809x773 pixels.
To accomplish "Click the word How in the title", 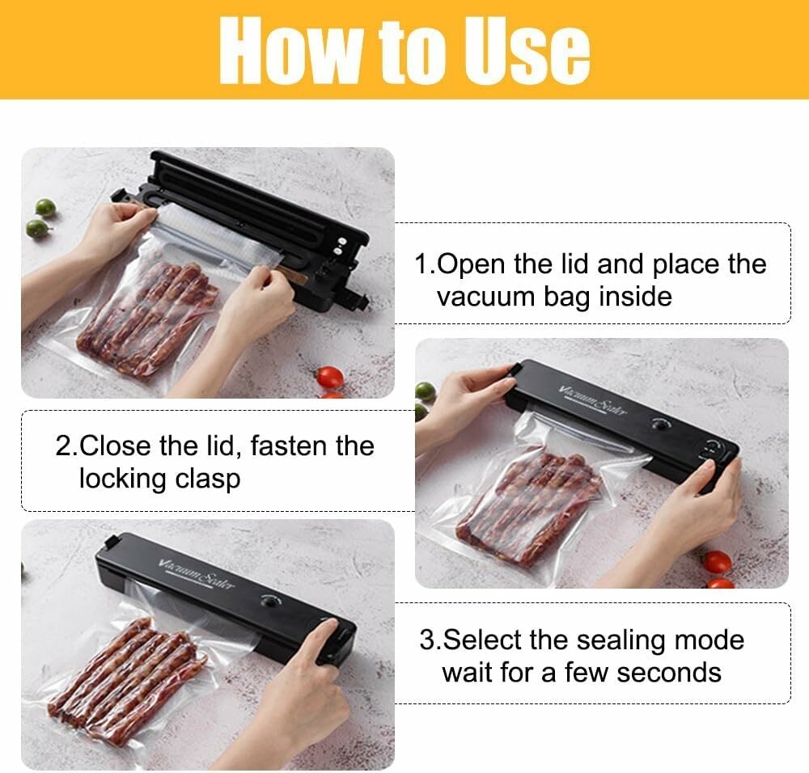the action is pyautogui.click(x=290, y=50).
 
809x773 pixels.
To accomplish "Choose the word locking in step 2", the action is pyautogui.click(x=123, y=479).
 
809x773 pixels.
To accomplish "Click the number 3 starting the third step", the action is pyautogui.click(x=427, y=640).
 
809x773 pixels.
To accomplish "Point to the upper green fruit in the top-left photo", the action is pyautogui.click(x=45, y=207).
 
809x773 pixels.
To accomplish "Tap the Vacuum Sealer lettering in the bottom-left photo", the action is pyautogui.click(x=196, y=573).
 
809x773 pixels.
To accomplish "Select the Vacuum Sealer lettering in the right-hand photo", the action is pyautogui.click(x=593, y=399).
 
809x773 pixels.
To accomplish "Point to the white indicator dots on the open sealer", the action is pyautogui.click(x=339, y=245).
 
